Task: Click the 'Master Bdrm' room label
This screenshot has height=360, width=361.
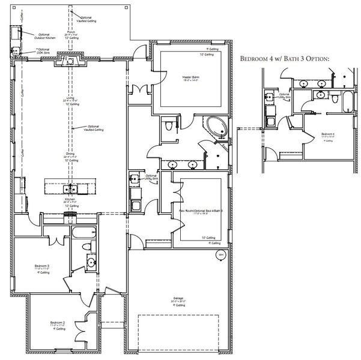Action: (x=190, y=77)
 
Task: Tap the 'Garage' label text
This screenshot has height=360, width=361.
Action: (x=178, y=298)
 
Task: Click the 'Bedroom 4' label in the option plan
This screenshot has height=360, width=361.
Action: (x=328, y=134)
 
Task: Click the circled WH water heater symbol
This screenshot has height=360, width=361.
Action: (x=220, y=255)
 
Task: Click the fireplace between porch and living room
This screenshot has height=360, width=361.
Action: (x=70, y=60)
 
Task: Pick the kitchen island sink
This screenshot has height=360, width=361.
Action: (x=70, y=190)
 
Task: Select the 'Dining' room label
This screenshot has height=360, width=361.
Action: (x=70, y=154)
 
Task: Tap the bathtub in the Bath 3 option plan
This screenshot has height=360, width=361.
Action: (x=347, y=101)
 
